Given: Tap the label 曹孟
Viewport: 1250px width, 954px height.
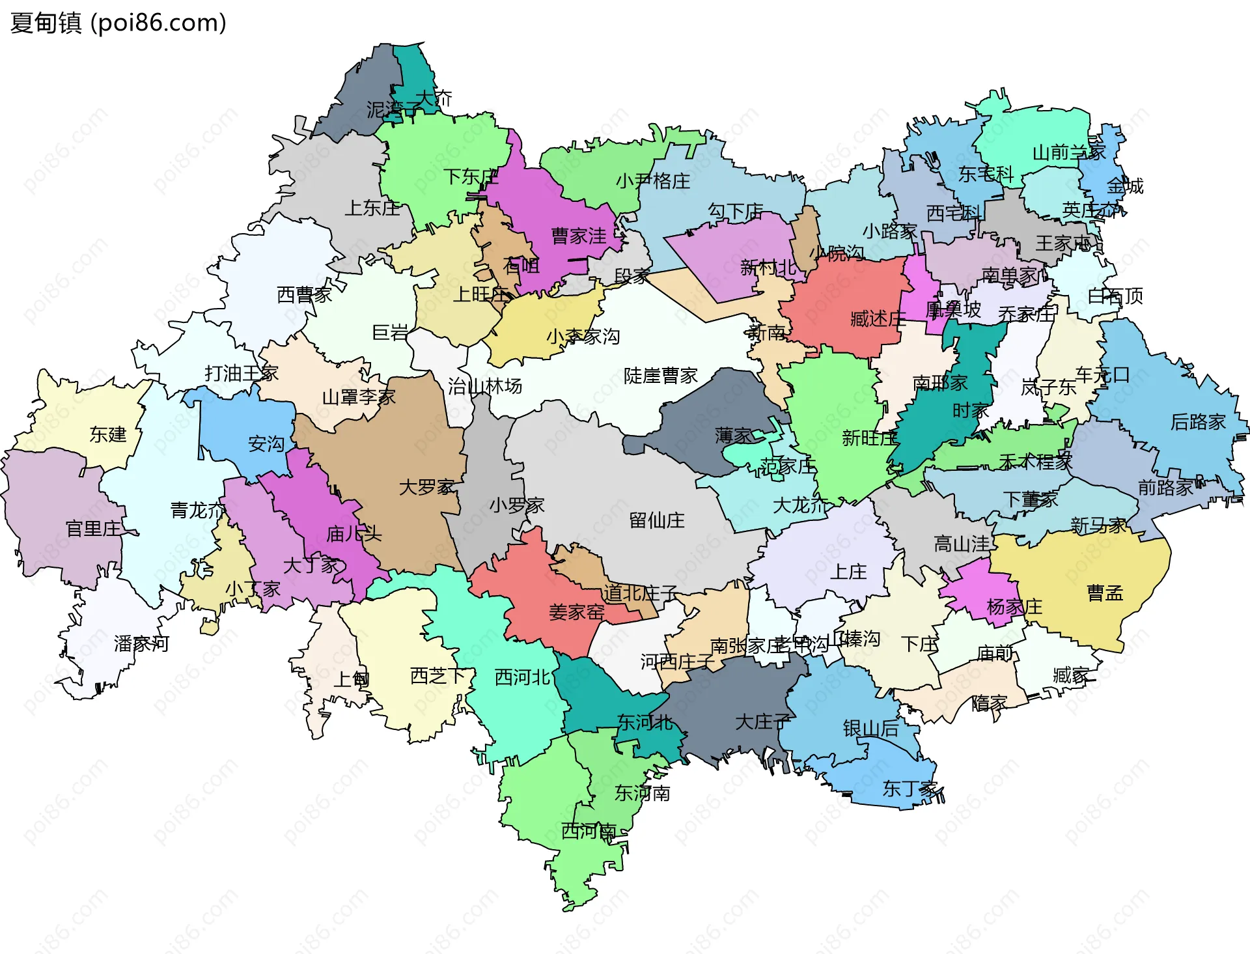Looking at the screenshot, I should pos(1105,593).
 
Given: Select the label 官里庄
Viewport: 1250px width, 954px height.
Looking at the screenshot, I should pos(93,529).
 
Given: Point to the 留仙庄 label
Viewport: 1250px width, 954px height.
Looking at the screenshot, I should pos(656,520).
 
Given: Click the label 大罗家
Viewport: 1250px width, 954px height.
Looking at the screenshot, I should pos(426,487).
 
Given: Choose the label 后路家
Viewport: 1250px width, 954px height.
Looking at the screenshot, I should pos(1198,422).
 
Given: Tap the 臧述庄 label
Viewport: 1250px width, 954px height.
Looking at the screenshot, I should pos(878,319).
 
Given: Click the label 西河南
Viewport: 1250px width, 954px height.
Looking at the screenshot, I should pos(589,831).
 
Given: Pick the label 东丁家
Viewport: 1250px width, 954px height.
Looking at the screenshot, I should pos(910,789).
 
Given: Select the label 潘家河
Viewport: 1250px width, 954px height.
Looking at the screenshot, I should pos(141,644).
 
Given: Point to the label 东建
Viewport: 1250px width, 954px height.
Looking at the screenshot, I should pos(108,434).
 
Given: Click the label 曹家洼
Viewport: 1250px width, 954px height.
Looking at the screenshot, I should pos(578,236).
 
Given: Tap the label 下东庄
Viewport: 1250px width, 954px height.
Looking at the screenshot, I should pos(471,176).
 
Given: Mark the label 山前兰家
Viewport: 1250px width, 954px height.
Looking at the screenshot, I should pos(1069,152).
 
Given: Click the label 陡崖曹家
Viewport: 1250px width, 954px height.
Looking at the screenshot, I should pos(660,376).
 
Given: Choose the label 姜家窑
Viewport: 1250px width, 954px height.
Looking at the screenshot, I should pos(576,612).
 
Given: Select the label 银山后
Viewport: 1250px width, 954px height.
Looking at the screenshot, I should pos(870,729).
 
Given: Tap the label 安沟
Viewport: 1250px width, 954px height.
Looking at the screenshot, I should pos(266,444).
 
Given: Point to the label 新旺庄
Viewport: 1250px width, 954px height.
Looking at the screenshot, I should pos(869,438).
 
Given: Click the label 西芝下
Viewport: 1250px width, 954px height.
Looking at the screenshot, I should pos(437,676).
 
